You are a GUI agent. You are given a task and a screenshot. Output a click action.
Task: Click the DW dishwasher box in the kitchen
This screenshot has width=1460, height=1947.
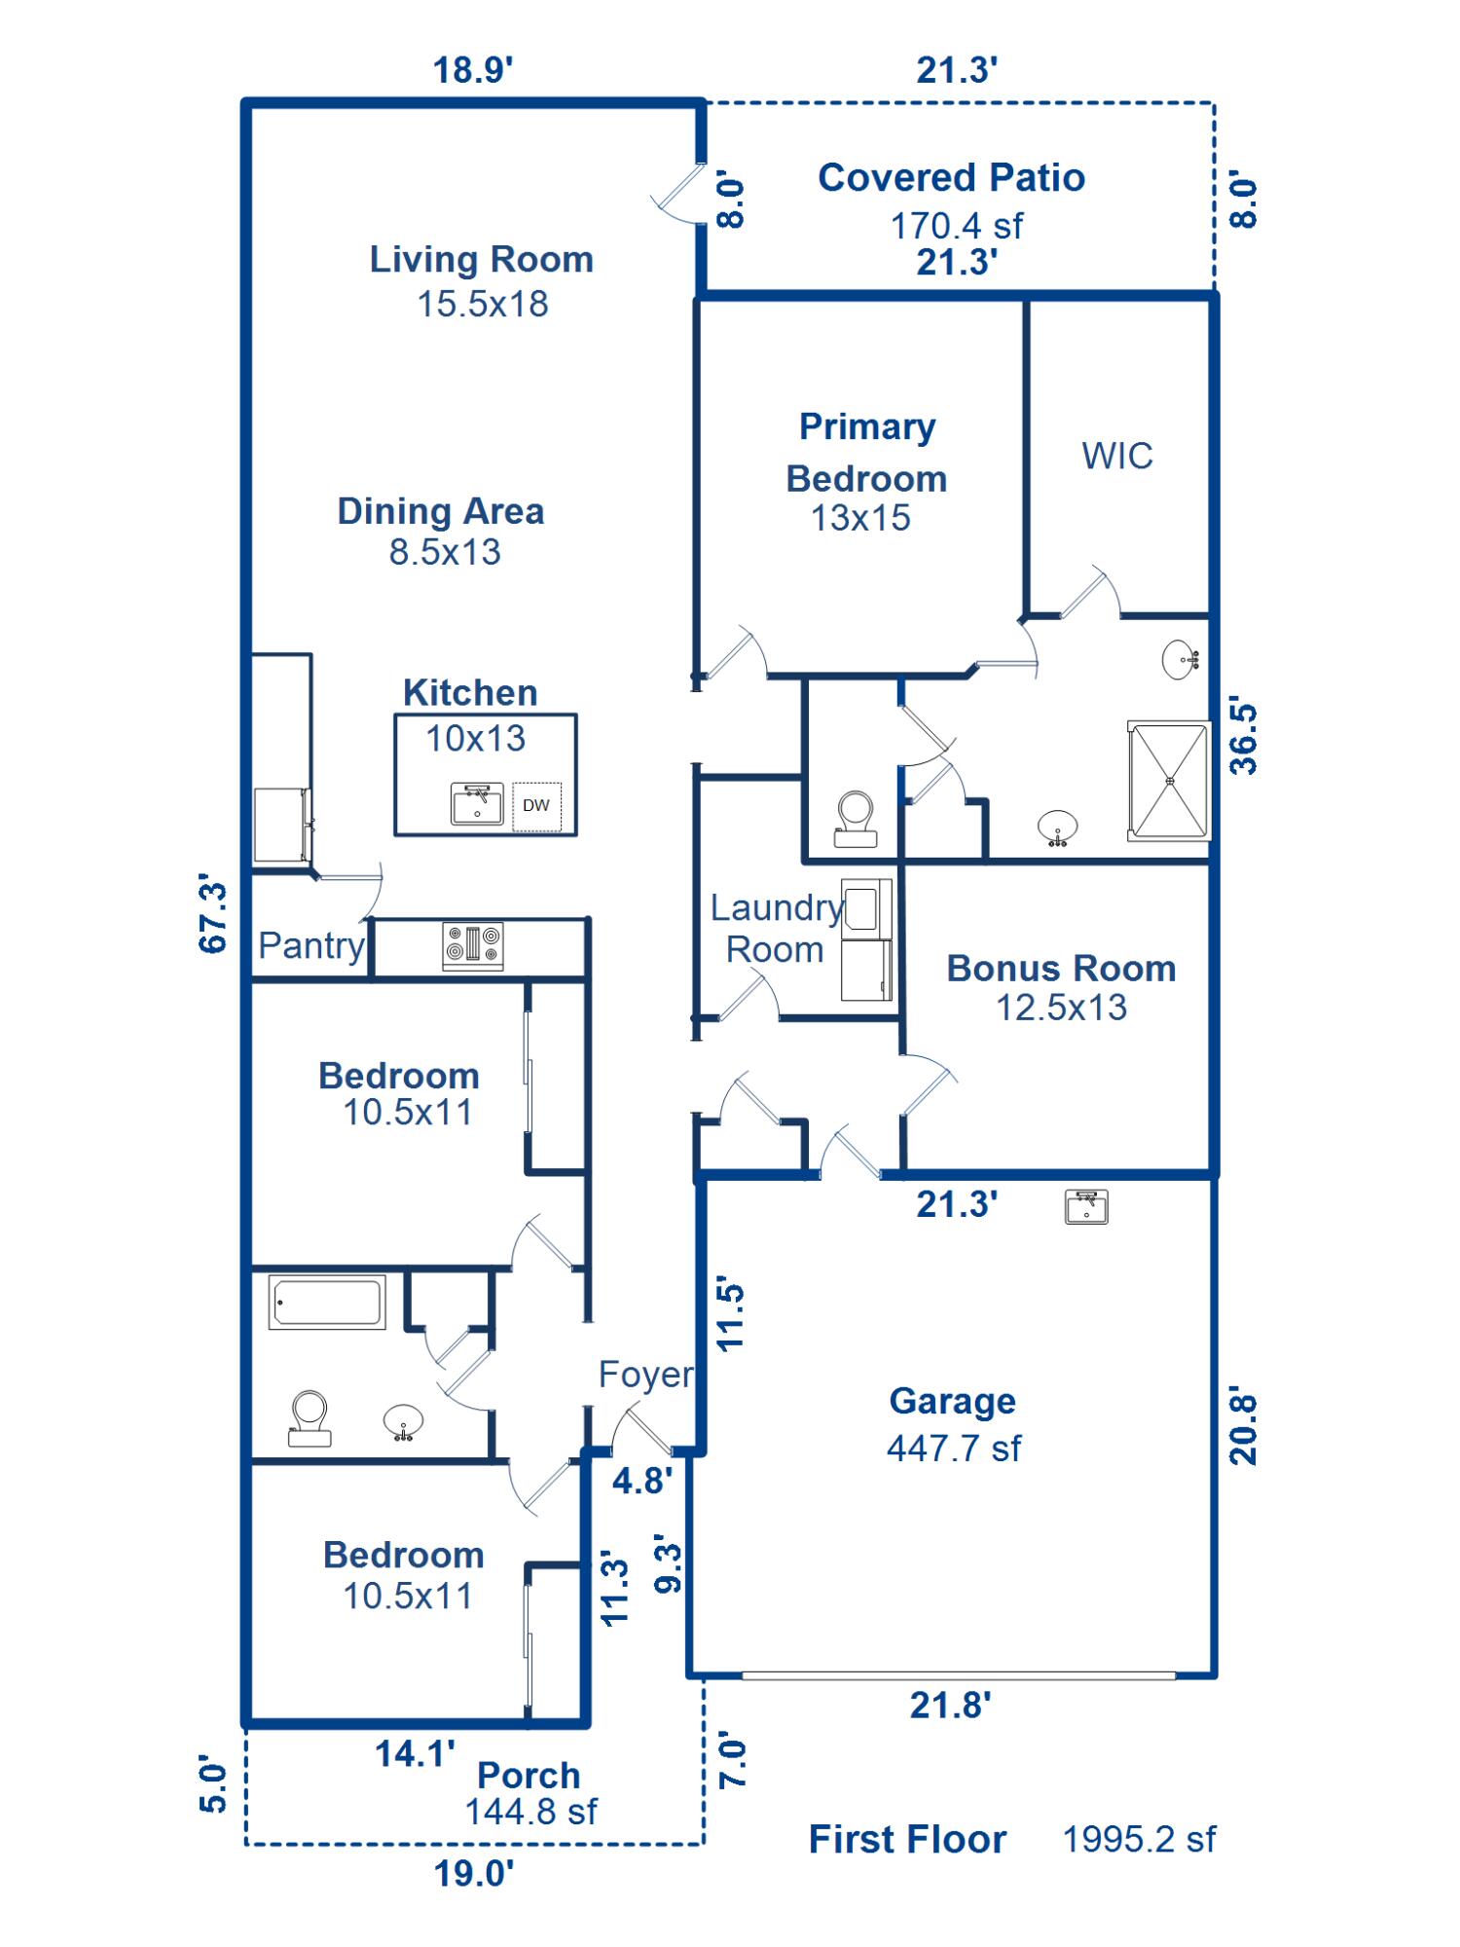536,806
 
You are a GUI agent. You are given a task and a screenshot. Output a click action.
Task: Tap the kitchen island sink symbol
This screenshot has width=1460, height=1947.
477,804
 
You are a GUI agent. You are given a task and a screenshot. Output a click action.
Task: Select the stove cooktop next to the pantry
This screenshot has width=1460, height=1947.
473,945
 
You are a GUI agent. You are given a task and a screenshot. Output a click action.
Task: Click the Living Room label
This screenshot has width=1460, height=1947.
481,260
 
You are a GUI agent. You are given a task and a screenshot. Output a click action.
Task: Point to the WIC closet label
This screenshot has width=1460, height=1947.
1116,456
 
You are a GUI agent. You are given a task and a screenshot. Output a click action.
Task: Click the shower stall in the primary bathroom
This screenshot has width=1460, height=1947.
1169,780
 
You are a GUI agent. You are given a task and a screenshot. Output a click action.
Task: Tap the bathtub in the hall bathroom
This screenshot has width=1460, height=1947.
327,1303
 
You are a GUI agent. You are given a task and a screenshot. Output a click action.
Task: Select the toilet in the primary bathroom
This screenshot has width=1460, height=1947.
856,820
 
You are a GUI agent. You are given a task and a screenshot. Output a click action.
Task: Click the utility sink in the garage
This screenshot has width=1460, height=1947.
1086,1207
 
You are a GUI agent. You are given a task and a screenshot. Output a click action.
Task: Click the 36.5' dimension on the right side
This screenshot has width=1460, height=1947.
1243,735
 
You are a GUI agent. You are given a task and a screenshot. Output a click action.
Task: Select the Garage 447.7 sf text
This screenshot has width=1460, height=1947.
953,1449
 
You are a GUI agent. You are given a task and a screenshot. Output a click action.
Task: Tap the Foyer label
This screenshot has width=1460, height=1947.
645,1375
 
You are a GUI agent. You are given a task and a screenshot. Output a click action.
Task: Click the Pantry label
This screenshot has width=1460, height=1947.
310,945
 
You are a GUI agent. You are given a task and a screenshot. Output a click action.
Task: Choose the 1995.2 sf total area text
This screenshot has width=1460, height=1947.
1138,1839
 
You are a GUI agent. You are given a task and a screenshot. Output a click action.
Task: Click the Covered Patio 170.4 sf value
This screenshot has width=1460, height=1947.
956,226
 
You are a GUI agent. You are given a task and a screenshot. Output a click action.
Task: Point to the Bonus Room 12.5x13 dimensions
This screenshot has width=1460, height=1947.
1060,1008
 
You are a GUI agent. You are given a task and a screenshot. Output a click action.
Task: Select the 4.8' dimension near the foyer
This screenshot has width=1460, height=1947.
641,1481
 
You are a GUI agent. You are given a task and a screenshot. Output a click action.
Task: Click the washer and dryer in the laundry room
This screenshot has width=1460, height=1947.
866,939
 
